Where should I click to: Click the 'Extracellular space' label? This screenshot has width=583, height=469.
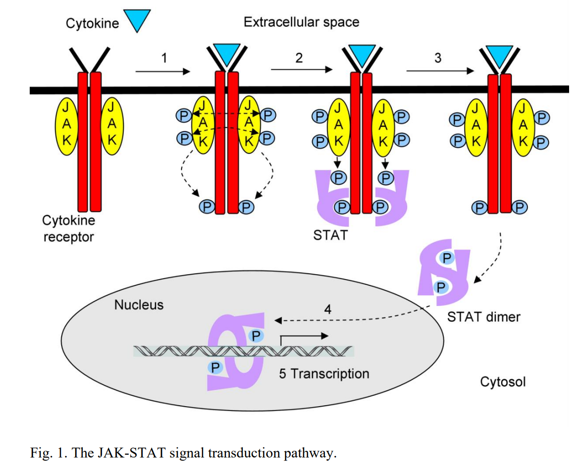pos(301,22)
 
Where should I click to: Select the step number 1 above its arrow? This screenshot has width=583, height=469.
pos(164,58)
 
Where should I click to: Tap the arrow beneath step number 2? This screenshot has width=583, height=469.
pos(301,70)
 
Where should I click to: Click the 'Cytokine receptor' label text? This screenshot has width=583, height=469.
pos(69,229)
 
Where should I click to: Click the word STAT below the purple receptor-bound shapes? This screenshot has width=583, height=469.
pos(330,235)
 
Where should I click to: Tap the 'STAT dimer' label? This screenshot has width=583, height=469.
pos(483,317)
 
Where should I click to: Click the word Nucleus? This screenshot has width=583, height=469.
pos(139,305)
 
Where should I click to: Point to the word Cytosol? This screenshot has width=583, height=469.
pos(503,382)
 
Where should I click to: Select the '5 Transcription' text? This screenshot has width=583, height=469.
pos(324,374)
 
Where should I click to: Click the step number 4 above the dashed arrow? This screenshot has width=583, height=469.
pos(328,309)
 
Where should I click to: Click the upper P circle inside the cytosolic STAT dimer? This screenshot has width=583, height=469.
pos(446,258)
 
